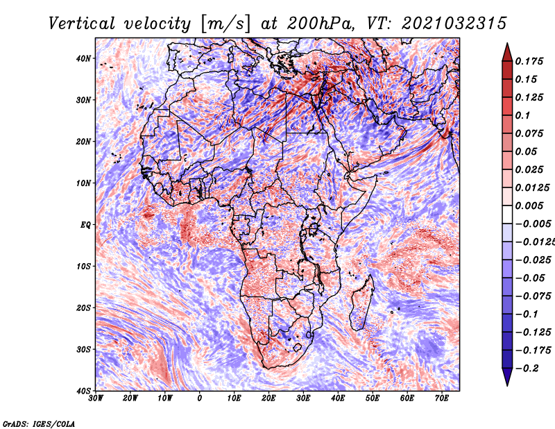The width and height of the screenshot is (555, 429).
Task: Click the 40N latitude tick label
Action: pos(83,58)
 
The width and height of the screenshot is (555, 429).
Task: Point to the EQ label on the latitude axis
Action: pos(85,225)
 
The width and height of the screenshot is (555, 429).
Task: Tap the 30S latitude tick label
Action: pos(83,349)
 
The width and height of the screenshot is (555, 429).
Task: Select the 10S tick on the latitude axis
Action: pos(83,266)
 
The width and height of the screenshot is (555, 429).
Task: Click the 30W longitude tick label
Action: pos(96,398)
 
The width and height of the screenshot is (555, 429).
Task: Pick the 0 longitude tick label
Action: pos(200,398)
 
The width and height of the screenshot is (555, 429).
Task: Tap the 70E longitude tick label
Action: pos(442,398)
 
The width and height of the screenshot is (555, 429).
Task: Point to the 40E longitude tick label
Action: pos(338,398)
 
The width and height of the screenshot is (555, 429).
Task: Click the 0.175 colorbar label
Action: pos(529,61)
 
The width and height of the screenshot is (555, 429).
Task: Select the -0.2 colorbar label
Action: pos(527,368)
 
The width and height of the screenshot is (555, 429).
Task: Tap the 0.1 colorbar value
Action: pos(522,115)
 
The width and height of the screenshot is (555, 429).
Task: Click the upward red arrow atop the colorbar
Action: pos(507,53)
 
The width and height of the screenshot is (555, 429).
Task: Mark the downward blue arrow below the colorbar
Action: pos(507,377)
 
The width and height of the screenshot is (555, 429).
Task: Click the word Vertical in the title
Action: pos(82,24)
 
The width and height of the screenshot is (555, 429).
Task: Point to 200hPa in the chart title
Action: pos(321,24)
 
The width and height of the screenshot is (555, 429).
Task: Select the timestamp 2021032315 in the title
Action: pos(454,24)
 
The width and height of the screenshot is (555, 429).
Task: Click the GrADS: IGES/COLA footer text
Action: pos(39,423)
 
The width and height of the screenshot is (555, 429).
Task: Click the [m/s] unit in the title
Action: pos(225,24)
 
